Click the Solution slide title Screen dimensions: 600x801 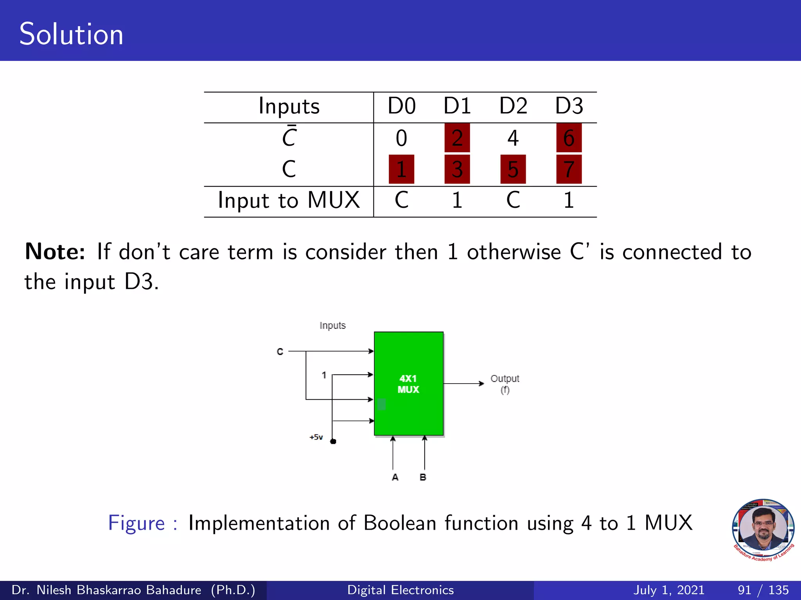[71, 34]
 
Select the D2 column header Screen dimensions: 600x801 [513, 106]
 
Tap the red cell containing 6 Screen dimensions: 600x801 [569, 138]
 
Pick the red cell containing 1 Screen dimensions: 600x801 [401, 169]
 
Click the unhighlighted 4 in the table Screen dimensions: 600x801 [513, 138]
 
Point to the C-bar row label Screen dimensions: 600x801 [289, 137]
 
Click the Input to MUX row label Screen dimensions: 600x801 [289, 200]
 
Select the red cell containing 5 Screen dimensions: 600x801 [513, 169]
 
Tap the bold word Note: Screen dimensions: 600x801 [55, 252]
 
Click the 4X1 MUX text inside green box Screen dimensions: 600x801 [408, 384]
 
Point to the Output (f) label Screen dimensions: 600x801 [505, 384]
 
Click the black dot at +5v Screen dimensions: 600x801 [333, 441]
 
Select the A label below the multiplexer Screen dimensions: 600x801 [395, 477]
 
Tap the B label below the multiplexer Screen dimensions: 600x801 [423, 477]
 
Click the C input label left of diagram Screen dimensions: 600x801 [280, 352]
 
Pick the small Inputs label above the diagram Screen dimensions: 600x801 [332, 325]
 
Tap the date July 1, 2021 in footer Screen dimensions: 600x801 [668, 590]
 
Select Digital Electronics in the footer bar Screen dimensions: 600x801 [400, 590]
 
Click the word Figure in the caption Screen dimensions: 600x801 [136, 523]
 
